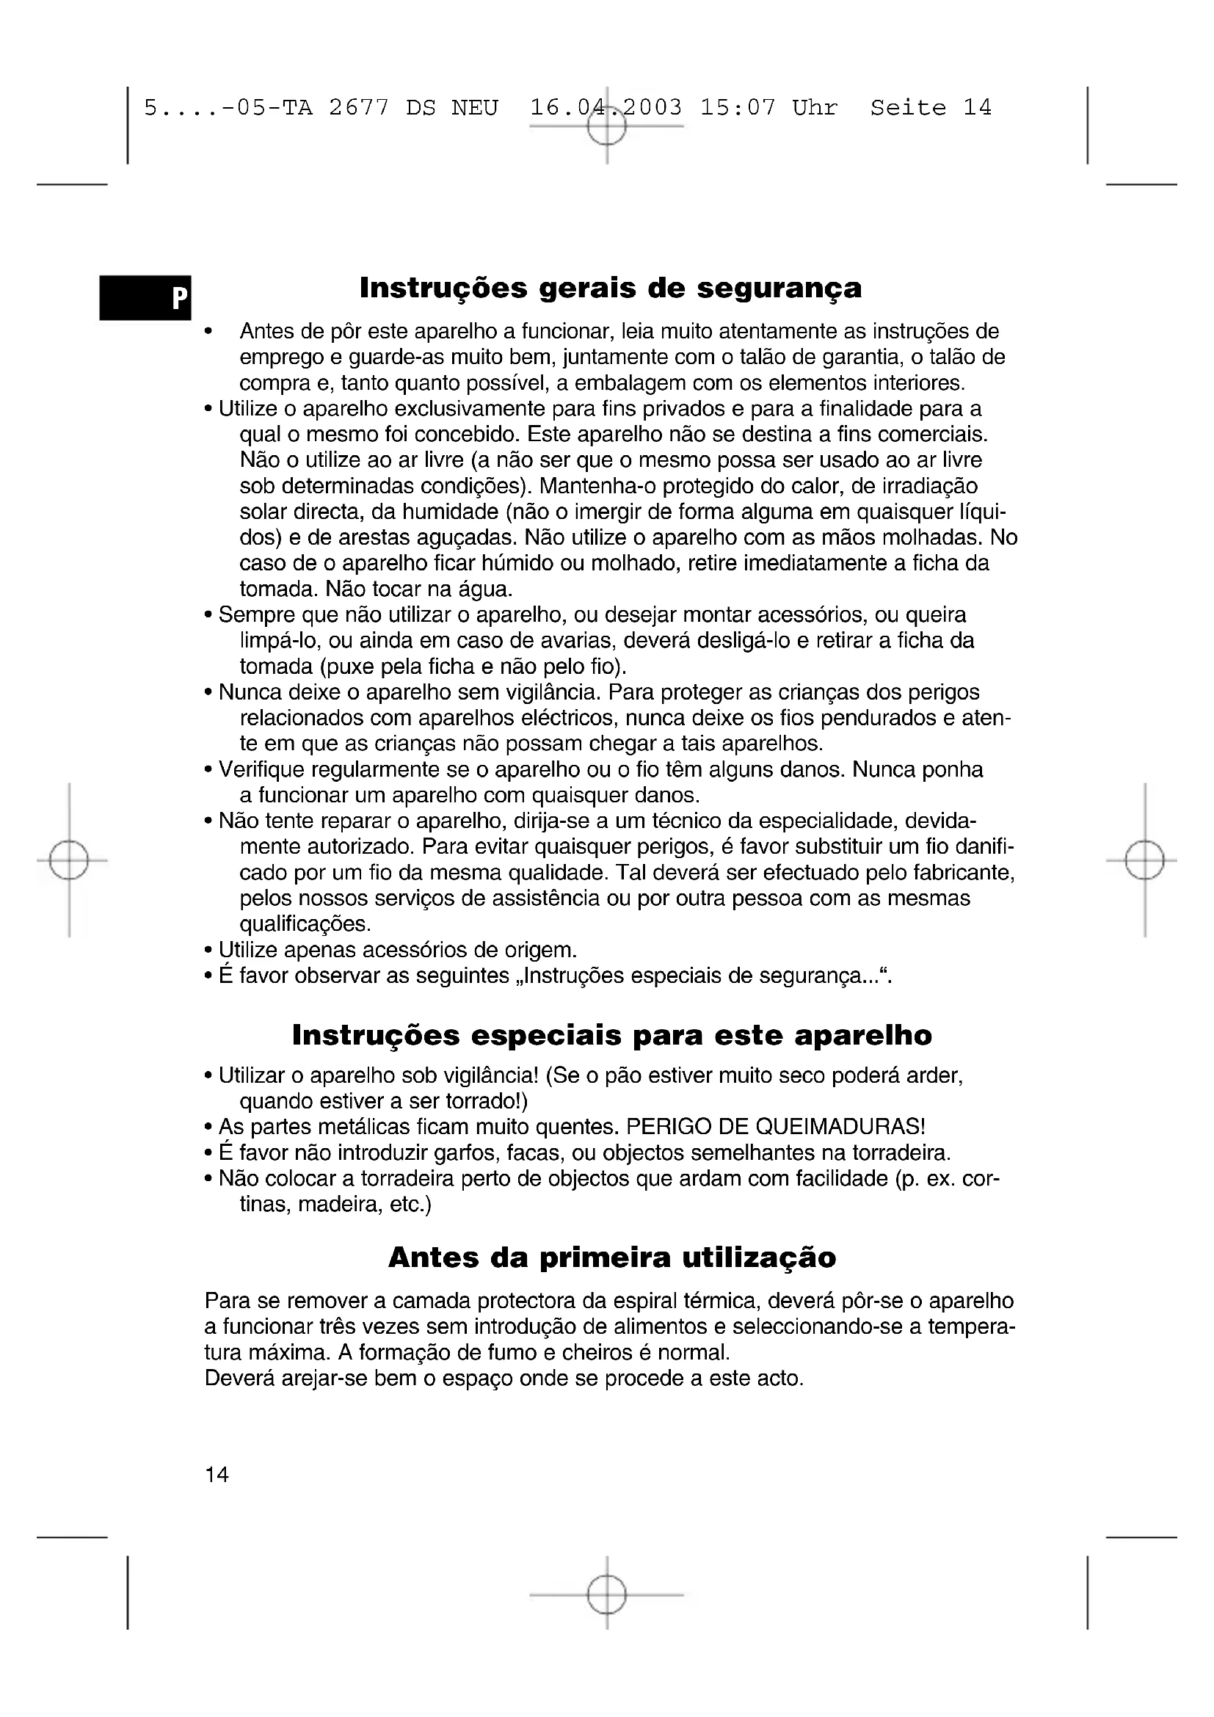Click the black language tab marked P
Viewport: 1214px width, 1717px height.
click(x=146, y=297)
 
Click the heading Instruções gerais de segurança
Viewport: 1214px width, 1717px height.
click(x=610, y=288)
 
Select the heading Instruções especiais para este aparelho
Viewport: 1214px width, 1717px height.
click(x=611, y=1035)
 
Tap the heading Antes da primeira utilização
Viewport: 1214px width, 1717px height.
click(x=611, y=1257)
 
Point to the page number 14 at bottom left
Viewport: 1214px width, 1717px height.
click(x=217, y=1474)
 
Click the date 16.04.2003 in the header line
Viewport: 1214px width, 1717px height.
click(x=606, y=108)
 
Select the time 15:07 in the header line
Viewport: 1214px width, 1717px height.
click(x=738, y=108)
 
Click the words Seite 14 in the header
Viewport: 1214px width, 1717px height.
click(x=931, y=108)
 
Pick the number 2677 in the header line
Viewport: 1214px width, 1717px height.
click(x=359, y=108)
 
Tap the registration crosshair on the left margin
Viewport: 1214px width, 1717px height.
click(x=69, y=861)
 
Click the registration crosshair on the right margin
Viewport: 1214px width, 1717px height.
click(x=1144, y=861)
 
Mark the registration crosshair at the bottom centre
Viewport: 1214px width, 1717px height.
click(x=606, y=1595)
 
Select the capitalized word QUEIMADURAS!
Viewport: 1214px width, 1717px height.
click(x=841, y=1126)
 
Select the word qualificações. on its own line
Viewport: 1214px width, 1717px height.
click(x=305, y=924)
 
